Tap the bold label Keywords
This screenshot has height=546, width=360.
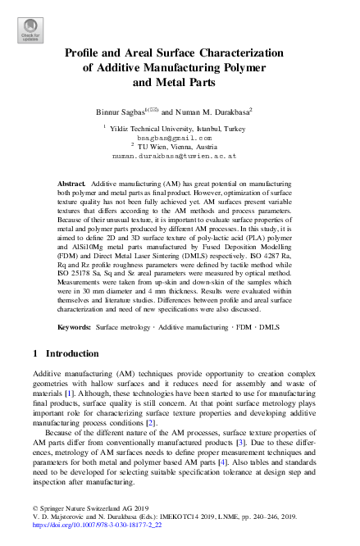[74, 327]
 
